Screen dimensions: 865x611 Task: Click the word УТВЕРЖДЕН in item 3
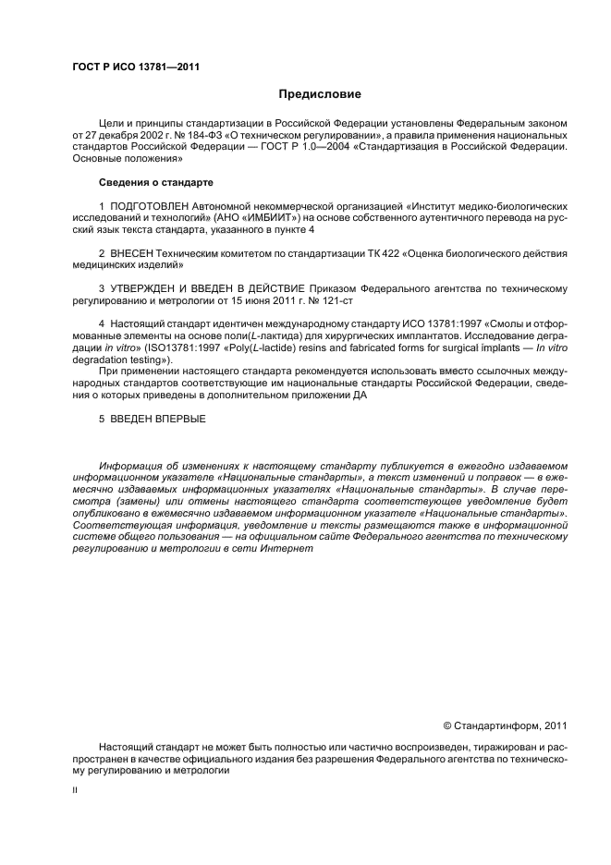pyautogui.click(x=150, y=288)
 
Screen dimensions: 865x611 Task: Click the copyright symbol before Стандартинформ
pyautogui.click(x=448, y=725)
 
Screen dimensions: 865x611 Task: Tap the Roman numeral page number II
pyautogui.click(x=76, y=792)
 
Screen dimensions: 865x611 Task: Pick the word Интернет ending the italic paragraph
pyautogui.click(x=287, y=548)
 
